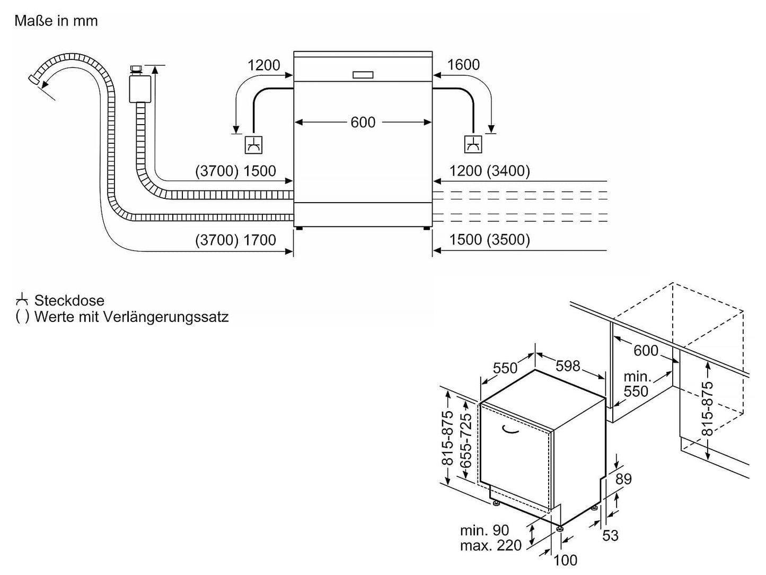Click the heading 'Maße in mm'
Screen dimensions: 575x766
tap(56, 21)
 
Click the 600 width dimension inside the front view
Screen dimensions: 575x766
tap(363, 123)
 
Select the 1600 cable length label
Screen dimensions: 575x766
tap(463, 65)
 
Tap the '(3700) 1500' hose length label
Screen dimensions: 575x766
tap(236, 171)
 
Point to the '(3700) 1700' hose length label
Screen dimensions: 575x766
tap(236, 240)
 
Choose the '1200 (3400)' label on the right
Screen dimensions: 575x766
tap(489, 171)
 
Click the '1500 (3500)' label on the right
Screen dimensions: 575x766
tap(489, 240)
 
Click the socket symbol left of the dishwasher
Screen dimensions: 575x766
tap(253, 145)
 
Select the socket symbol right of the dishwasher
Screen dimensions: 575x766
tap(473, 144)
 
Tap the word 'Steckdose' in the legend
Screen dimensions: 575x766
tap(69, 301)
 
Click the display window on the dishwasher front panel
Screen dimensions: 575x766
tap(363, 75)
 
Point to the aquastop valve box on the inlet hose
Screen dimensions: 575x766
tap(140, 88)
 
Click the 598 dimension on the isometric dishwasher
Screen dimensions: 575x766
tap(568, 365)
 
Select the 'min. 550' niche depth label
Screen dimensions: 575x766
tap(636, 384)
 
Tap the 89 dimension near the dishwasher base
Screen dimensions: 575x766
tap(623, 479)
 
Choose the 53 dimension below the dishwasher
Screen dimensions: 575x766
tap(611, 536)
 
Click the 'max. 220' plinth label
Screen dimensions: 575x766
tap(491, 545)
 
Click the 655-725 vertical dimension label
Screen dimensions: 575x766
tap(465, 440)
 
